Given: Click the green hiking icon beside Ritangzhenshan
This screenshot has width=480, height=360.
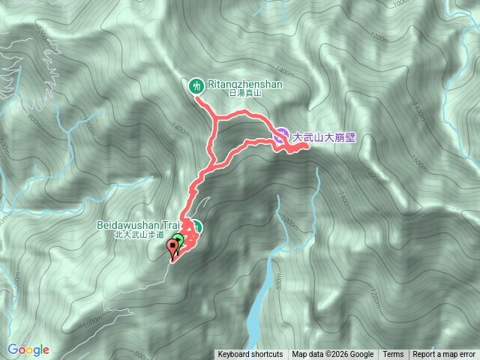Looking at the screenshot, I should click(x=196, y=85).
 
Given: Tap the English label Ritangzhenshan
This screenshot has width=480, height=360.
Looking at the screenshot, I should click(x=244, y=84).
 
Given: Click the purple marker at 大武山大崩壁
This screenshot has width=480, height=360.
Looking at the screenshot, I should click(x=280, y=136).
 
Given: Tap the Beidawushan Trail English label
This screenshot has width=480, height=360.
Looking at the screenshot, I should click(x=139, y=224).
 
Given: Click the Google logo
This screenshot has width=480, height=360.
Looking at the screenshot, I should click(x=28, y=349).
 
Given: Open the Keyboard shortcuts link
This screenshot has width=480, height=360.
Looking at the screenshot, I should click(x=250, y=355).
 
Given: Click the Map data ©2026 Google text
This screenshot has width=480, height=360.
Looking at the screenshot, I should click(x=332, y=355).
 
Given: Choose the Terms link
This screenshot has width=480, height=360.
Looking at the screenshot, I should click(x=392, y=355).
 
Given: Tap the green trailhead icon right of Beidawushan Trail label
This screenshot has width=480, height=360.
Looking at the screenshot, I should click(x=197, y=227).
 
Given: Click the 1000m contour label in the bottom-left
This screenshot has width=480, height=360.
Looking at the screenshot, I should click(x=92, y=322).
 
